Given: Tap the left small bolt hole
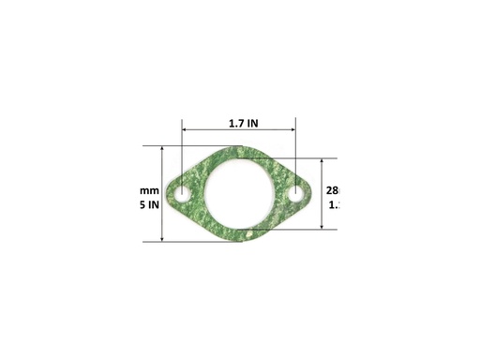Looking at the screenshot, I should point(183,194).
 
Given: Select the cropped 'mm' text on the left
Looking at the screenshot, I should point(147,190).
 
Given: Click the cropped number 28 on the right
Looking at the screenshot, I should point(332,190).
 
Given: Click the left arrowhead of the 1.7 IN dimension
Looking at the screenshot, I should point(186,130).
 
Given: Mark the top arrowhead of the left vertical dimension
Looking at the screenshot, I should point(163,149).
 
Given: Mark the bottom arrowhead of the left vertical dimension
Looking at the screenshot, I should point(163,238).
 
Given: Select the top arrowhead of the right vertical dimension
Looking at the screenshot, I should point(322,161).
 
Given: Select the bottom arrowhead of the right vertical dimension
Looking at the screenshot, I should point(322,226).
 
